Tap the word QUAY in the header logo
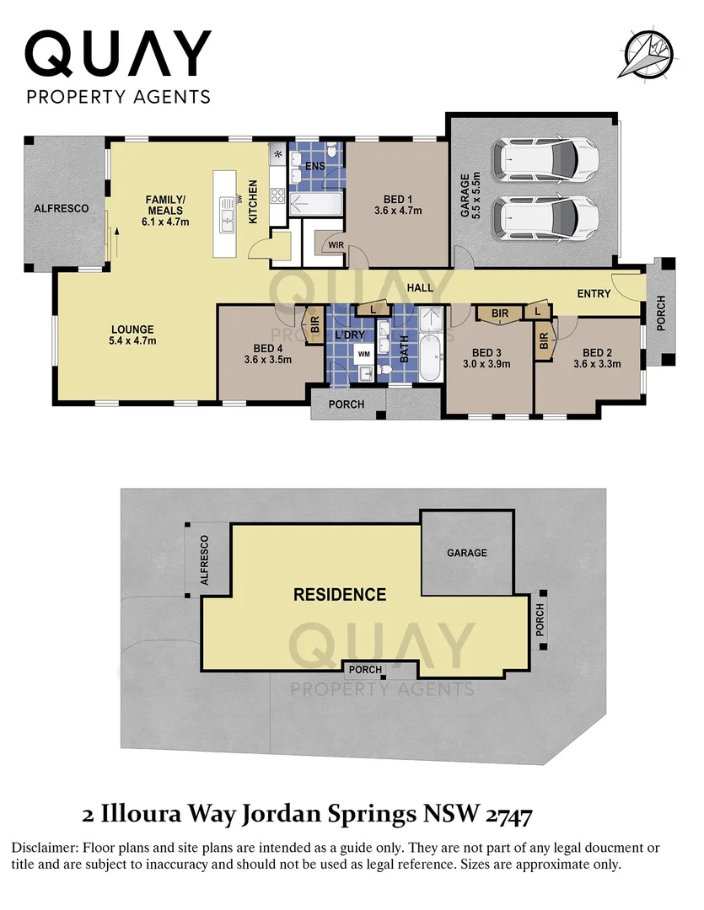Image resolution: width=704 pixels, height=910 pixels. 118,55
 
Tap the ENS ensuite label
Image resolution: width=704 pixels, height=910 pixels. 314,167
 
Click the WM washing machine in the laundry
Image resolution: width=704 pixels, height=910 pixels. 363,354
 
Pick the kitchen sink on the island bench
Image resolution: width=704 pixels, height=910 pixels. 226,215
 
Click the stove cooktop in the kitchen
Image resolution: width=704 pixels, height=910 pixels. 277,196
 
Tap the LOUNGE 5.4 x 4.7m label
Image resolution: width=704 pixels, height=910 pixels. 133,335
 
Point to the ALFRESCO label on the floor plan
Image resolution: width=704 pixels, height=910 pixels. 62,208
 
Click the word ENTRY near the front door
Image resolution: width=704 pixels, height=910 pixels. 594,293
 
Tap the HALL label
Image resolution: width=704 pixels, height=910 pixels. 419,288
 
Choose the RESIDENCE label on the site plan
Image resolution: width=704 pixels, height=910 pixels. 339,595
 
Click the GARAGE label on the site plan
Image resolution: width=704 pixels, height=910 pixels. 466,553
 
